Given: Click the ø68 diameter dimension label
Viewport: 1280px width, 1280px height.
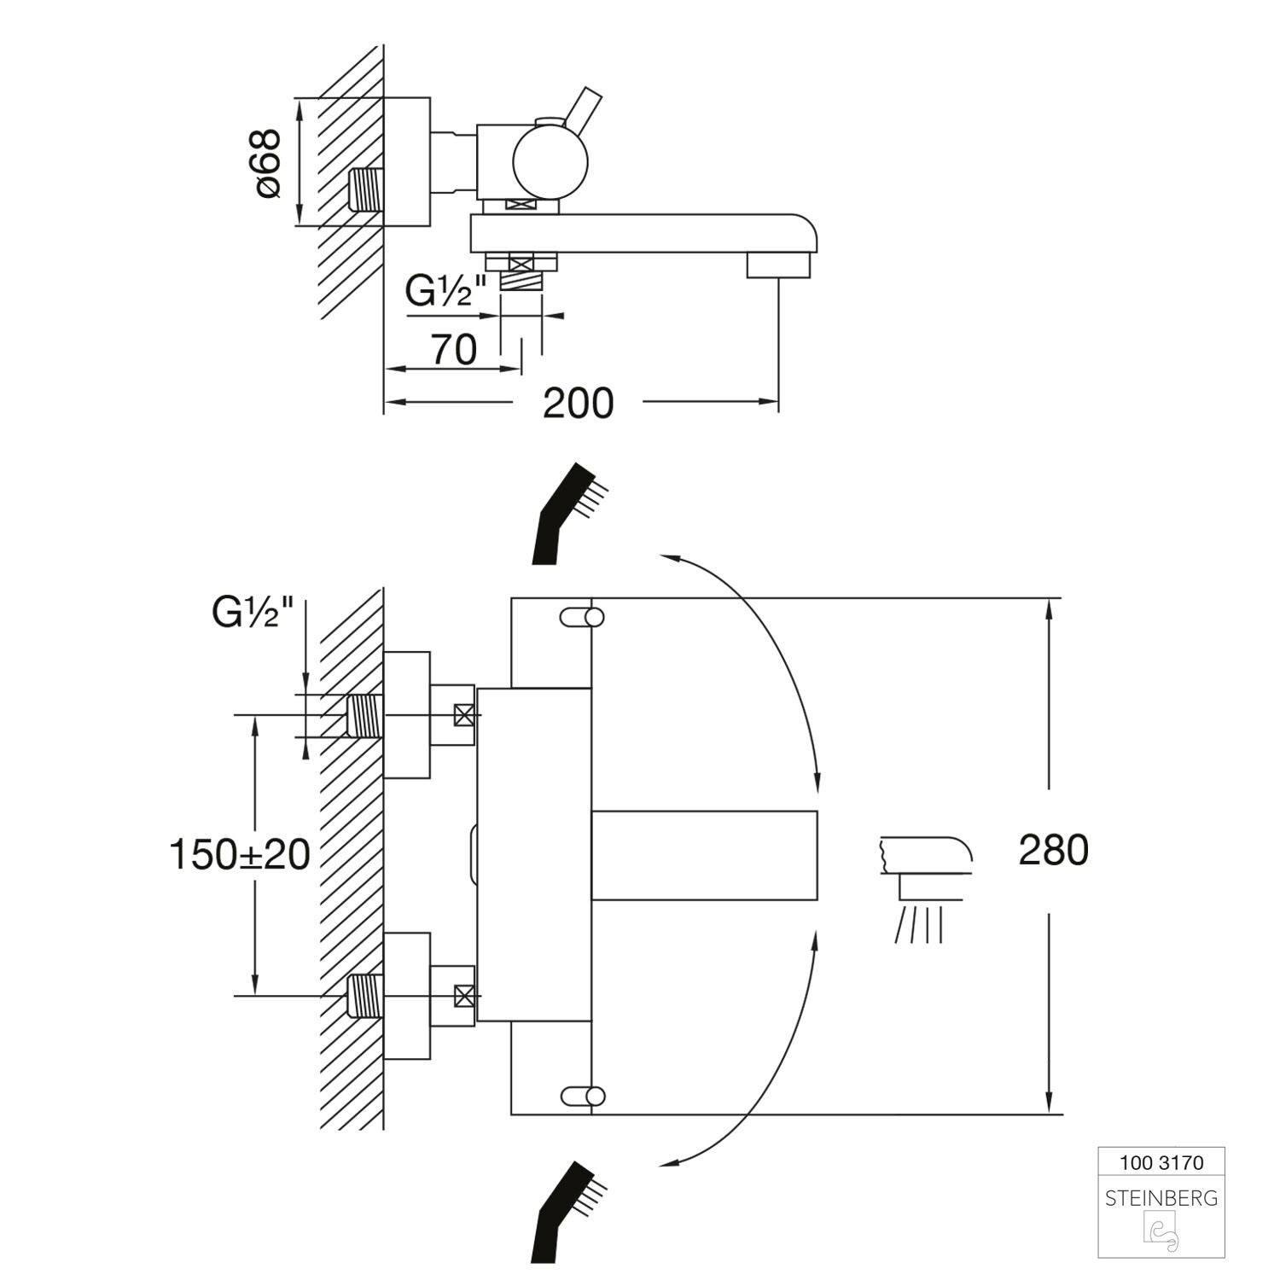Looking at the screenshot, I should pos(269,163).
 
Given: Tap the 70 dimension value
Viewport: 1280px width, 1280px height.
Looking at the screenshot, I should pos(453,350).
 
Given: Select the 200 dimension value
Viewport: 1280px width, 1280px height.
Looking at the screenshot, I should pos(578,403).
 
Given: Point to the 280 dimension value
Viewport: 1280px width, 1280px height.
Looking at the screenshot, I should pos(1053,850).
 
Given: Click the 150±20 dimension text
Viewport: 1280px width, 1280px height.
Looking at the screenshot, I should pos(240,854).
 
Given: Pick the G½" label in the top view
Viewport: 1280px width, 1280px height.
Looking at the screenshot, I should pos(445,292).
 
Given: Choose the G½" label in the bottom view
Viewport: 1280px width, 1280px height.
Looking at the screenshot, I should pos(253,612).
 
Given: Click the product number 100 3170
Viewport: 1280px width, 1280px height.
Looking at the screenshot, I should pos(1161,1162).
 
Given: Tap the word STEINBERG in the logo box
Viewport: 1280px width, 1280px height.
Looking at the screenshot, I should pos(1161,1198).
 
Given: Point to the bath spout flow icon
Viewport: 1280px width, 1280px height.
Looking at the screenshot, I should pos(923,887).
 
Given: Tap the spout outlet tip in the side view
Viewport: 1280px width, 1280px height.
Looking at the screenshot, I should pos(777,264).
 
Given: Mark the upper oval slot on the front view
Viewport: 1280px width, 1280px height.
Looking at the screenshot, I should pos(583,617).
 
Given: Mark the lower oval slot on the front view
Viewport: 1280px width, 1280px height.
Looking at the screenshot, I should pos(583,1095).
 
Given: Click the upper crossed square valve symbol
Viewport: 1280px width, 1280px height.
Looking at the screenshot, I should pos(464,715).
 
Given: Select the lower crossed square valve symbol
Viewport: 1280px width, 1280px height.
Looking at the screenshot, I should pos(464,995).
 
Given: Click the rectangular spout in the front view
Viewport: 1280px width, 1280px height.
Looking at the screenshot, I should pos(704,854).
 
